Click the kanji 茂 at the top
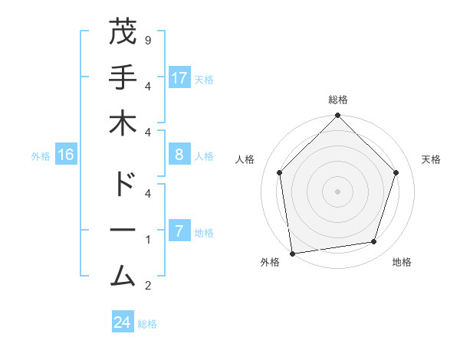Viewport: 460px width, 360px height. (123, 33)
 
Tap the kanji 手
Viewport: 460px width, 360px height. (123, 77)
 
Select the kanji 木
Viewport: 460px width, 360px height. (123, 123)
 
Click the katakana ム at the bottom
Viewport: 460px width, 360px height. (123, 275)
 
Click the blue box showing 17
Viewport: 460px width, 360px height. (179, 78)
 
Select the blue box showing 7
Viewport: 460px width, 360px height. (179, 231)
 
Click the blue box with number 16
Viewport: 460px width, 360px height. (66, 155)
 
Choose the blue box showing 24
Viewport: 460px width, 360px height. (123, 322)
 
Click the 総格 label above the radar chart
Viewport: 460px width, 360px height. (337, 100)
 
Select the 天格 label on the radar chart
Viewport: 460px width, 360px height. (432, 159)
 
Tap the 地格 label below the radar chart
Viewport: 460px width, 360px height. (402, 262)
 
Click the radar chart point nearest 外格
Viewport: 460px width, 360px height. (292, 253)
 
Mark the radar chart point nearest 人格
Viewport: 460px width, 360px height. (280, 172)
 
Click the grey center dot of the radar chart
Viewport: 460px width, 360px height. (337, 191)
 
